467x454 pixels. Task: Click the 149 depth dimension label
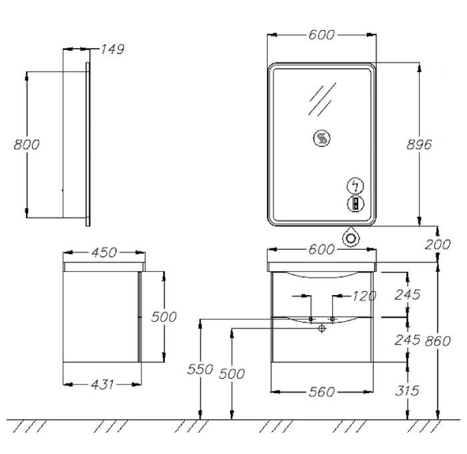coord(112,49)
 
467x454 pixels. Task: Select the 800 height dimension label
coord(27,145)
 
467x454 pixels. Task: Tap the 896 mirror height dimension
coord(419,145)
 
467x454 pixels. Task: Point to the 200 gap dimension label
coord(437,245)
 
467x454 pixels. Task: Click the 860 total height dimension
coord(438,341)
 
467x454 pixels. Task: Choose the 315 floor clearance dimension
coord(407,391)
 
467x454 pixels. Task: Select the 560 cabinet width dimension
coord(322,392)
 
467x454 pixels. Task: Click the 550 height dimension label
coord(200,369)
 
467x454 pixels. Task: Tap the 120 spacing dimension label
coord(364,296)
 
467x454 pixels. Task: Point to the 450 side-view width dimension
coord(104,253)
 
